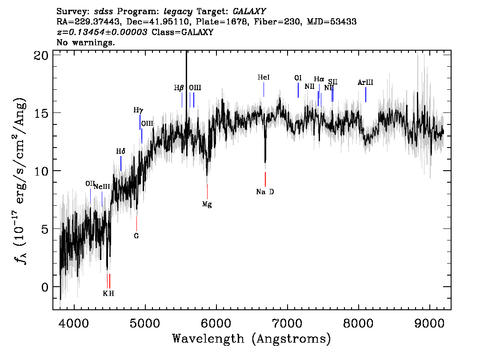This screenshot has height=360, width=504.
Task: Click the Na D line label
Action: click(265, 192)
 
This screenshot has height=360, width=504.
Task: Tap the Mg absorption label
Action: click(207, 204)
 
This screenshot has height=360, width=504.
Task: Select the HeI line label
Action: click(264, 77)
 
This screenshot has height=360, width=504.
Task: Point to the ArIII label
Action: click(365, 82)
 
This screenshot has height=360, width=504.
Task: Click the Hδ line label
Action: click(120, 152)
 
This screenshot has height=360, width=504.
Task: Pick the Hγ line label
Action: click(139, 110)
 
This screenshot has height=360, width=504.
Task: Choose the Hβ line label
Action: click(179, 88)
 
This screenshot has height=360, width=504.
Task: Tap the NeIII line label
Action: click(101, 187)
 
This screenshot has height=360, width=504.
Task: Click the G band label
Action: click(136, 236)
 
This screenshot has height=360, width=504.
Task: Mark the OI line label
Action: click(298, 78)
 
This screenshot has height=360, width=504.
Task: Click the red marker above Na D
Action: click(265, 179)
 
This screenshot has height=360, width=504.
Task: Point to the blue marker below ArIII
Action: click(366, 95)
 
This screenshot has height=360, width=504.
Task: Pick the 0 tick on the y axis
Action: click(44, 287)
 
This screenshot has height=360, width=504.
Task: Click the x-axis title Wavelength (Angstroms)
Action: click(252, 339)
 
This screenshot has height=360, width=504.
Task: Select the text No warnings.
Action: click(86, 43)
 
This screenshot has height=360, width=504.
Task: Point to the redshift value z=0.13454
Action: click(102, 32)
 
